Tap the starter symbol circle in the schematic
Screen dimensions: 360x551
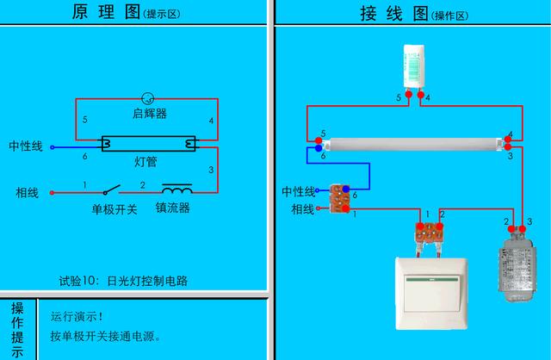point(147,99)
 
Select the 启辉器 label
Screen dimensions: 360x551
point(150,114)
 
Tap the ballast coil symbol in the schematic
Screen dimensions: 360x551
point(177,189)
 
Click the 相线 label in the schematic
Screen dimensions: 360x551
point(27,191)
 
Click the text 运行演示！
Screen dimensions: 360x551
point(77,316)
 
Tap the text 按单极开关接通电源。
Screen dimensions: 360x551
point(106,336)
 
